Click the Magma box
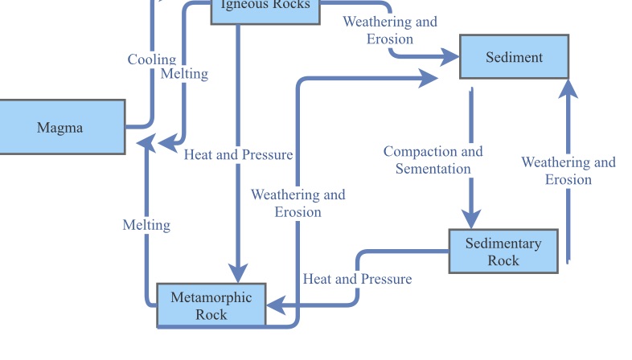pyautogui.click(x=60, y=127)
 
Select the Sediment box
pyautogui.click(x=514, y=57)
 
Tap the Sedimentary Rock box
pyautogui.click(x=503, y=252)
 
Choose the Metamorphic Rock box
pyautogui.click(x=211, y=305)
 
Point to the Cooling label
pyautogui.click(x=151, y=59)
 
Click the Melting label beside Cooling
pyautogui.click(x=184, y=74)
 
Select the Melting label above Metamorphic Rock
pyautogui.click(x=146, y=225)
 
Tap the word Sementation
pyautogui.click(x=433, y=169)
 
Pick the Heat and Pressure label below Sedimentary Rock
pyautogui.click(x=357, y=279)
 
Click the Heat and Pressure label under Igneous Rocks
pyautogui.click(x=238, y=154)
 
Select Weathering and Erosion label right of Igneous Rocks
pyautogui.click(x=390, y=30)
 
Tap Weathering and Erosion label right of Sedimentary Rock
pyautogui.click(x=568, y=170)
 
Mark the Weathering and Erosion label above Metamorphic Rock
pyautogui.click(x=298, y=202)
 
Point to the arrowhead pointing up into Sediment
pyautogui.click(x=568, y=88)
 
